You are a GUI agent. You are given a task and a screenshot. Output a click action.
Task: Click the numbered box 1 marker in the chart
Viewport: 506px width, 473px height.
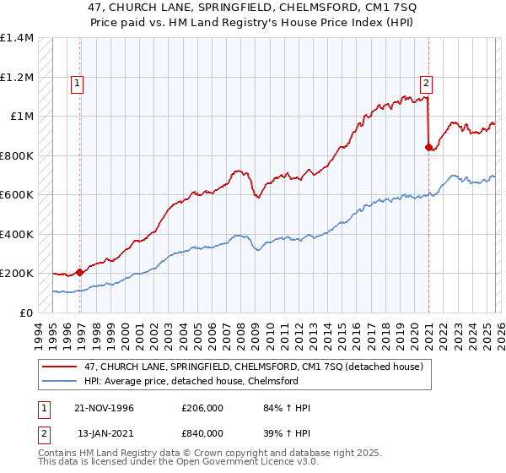[77, 83]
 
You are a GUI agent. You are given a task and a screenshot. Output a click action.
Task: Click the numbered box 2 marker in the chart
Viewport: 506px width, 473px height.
[427, 83]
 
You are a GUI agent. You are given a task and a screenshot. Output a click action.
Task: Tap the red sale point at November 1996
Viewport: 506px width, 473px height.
[79, 272]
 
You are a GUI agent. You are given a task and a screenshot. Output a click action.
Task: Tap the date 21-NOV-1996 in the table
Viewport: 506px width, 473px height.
[105, 408]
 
